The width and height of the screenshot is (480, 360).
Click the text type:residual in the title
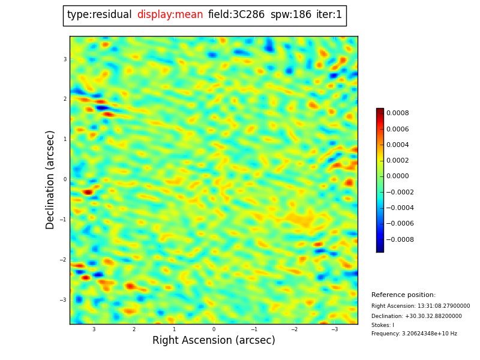[x=99, y=15]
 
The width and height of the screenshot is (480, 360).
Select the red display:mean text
[x=170, y=15]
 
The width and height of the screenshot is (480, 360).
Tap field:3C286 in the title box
[x=236, y=15]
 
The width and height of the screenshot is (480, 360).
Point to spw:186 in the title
[x=290, y=15]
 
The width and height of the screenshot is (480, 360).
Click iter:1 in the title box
[x=329, y=15]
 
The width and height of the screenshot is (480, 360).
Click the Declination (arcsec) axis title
[x=50, y=179]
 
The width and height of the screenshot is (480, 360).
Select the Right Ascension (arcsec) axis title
[x=214, y=340]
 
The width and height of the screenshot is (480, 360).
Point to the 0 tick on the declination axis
[x=65, y=179]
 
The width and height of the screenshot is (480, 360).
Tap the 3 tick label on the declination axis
[x=65, y=59]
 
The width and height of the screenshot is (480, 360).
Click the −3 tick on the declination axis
[x=63, y=300]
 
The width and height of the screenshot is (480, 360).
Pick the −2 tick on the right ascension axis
[x=294, y=329]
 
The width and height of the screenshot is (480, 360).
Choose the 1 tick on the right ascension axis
[x=174, y=329]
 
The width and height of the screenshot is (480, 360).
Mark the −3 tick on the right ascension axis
[x=334, y=329]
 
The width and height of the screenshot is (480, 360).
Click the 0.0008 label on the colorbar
[x=397, y=113]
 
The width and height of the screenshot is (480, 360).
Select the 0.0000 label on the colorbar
[x=397, y=176]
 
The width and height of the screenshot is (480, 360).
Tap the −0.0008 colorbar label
[x=399, y=239]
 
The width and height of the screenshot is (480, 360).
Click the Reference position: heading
[x=403, y=295]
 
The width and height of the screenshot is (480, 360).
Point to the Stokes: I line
[x=383, y=325]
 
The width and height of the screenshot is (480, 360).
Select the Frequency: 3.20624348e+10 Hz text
[x=414, y=334]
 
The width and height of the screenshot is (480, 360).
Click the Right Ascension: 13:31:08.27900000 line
[x=421, y=306]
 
